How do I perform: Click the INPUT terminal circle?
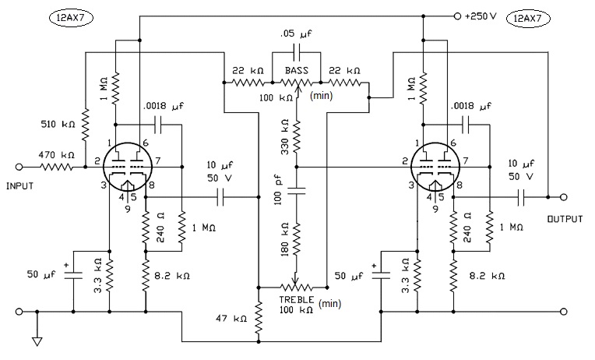pyautogui.click(x=19, y=167)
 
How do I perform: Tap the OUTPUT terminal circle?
pyautogui.click(x=564, y=196)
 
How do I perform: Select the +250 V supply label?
pyautogui.click(x=481, y=16)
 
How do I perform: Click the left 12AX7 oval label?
pyautogui.click(x=72, y=18)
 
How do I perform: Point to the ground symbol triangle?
pyautogui.click(x=37, y=341)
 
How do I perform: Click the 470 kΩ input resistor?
pyautogui.click(x=56, y=167)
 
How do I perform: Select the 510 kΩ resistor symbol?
pyautogui.click(x=86, y=123)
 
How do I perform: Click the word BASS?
pyautogui.click(x=297, y=71)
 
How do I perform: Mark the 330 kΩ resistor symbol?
pyautogui.click(x=297, y=136)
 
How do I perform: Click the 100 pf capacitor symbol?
pyautogui.click(x=297, y=191)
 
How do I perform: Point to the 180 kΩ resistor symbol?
pyautogui.click(x=297, y=238)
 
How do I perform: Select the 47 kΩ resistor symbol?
pyautogui.click(x=259, y=315)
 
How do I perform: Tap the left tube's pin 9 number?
pyautogui.click(x=128, y=209)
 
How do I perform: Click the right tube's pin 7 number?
pyautogui.click(x=465, y=161)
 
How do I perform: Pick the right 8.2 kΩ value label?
pyautogui.click(x=487, y=276)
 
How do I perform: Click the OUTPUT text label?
pyautogui.click(x=565, y=219)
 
